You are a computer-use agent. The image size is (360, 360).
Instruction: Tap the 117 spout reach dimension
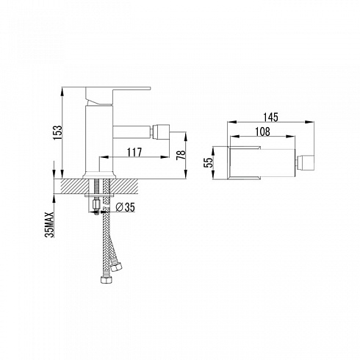coord(134,152)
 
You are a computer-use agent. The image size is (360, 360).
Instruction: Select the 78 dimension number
coord(181,155)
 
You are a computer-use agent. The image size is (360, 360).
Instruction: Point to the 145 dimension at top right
coord(270,117)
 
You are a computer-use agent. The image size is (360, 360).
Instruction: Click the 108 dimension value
coord(262,132)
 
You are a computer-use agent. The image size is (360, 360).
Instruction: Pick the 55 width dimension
coord(209,162)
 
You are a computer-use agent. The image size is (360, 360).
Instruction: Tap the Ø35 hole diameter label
coord(126,207)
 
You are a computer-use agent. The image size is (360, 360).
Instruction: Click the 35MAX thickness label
coord(49,225)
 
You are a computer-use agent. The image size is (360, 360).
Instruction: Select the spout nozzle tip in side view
coord(160,131)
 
